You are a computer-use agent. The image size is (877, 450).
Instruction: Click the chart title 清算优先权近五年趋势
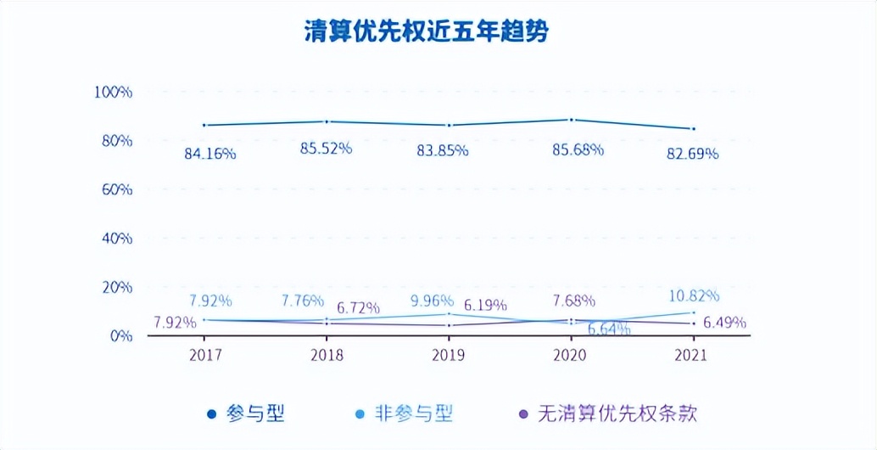[x=427, y=32]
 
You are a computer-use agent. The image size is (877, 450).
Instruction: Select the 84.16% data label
[x=210, y=154]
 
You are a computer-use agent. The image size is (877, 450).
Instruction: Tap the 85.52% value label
[x=326, y=148]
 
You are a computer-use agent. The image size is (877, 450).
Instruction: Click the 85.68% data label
[x=578, y=149]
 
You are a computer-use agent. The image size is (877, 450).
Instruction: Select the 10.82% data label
[x=693, y=295]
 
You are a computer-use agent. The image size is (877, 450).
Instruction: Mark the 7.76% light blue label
[x=303, y=301]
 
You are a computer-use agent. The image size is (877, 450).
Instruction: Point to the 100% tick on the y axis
[x=112, y=91]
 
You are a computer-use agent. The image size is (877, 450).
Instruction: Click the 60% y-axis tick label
[x=116, y=189]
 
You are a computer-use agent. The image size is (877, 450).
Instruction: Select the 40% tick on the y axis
[x=116, y=238]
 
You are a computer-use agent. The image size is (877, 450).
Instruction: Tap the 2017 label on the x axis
[x=207, y=355]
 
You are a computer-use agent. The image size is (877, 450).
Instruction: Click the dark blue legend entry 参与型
[x=245, y=413]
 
